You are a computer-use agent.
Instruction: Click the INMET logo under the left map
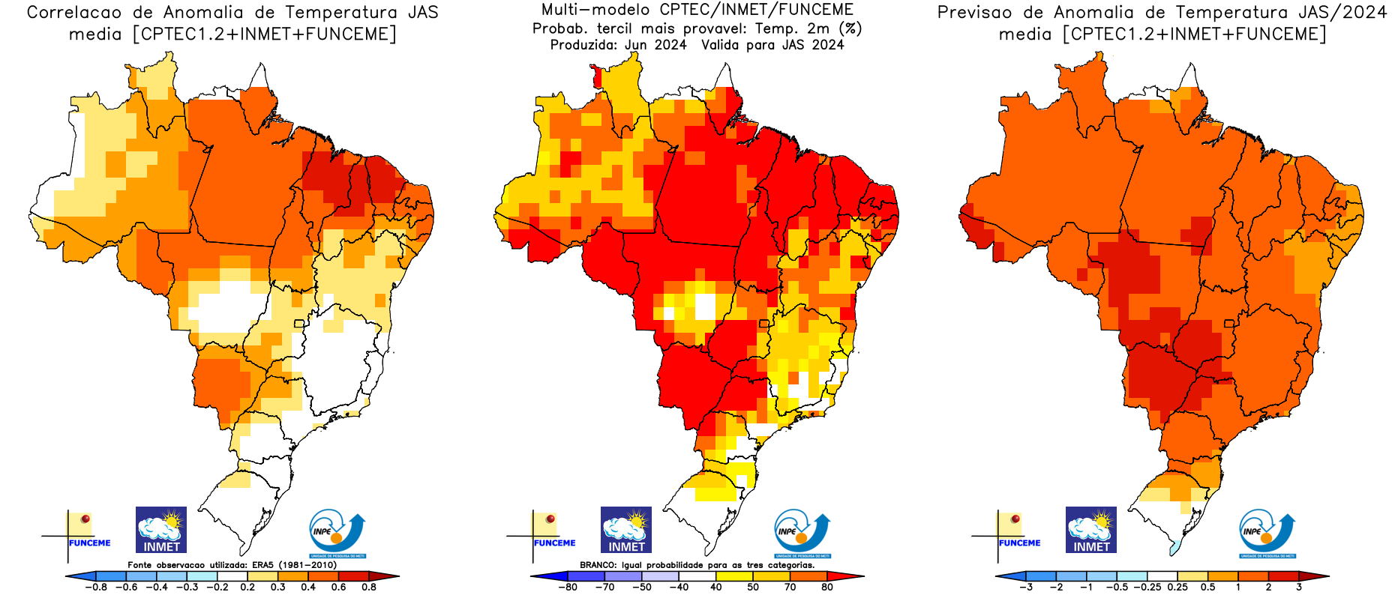tap(161, 530)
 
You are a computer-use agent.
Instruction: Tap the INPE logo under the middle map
tap(802, 533)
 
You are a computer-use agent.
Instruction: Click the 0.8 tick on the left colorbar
tap(368, 587)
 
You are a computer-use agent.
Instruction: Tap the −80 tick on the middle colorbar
tap(568, 587)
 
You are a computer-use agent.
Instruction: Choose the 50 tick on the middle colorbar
tap(753, 587)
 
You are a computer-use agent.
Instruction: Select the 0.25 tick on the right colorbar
tap(1177, 587)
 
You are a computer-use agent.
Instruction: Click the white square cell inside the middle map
tap(705, 306)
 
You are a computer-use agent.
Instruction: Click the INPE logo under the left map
tap(337, 533)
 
